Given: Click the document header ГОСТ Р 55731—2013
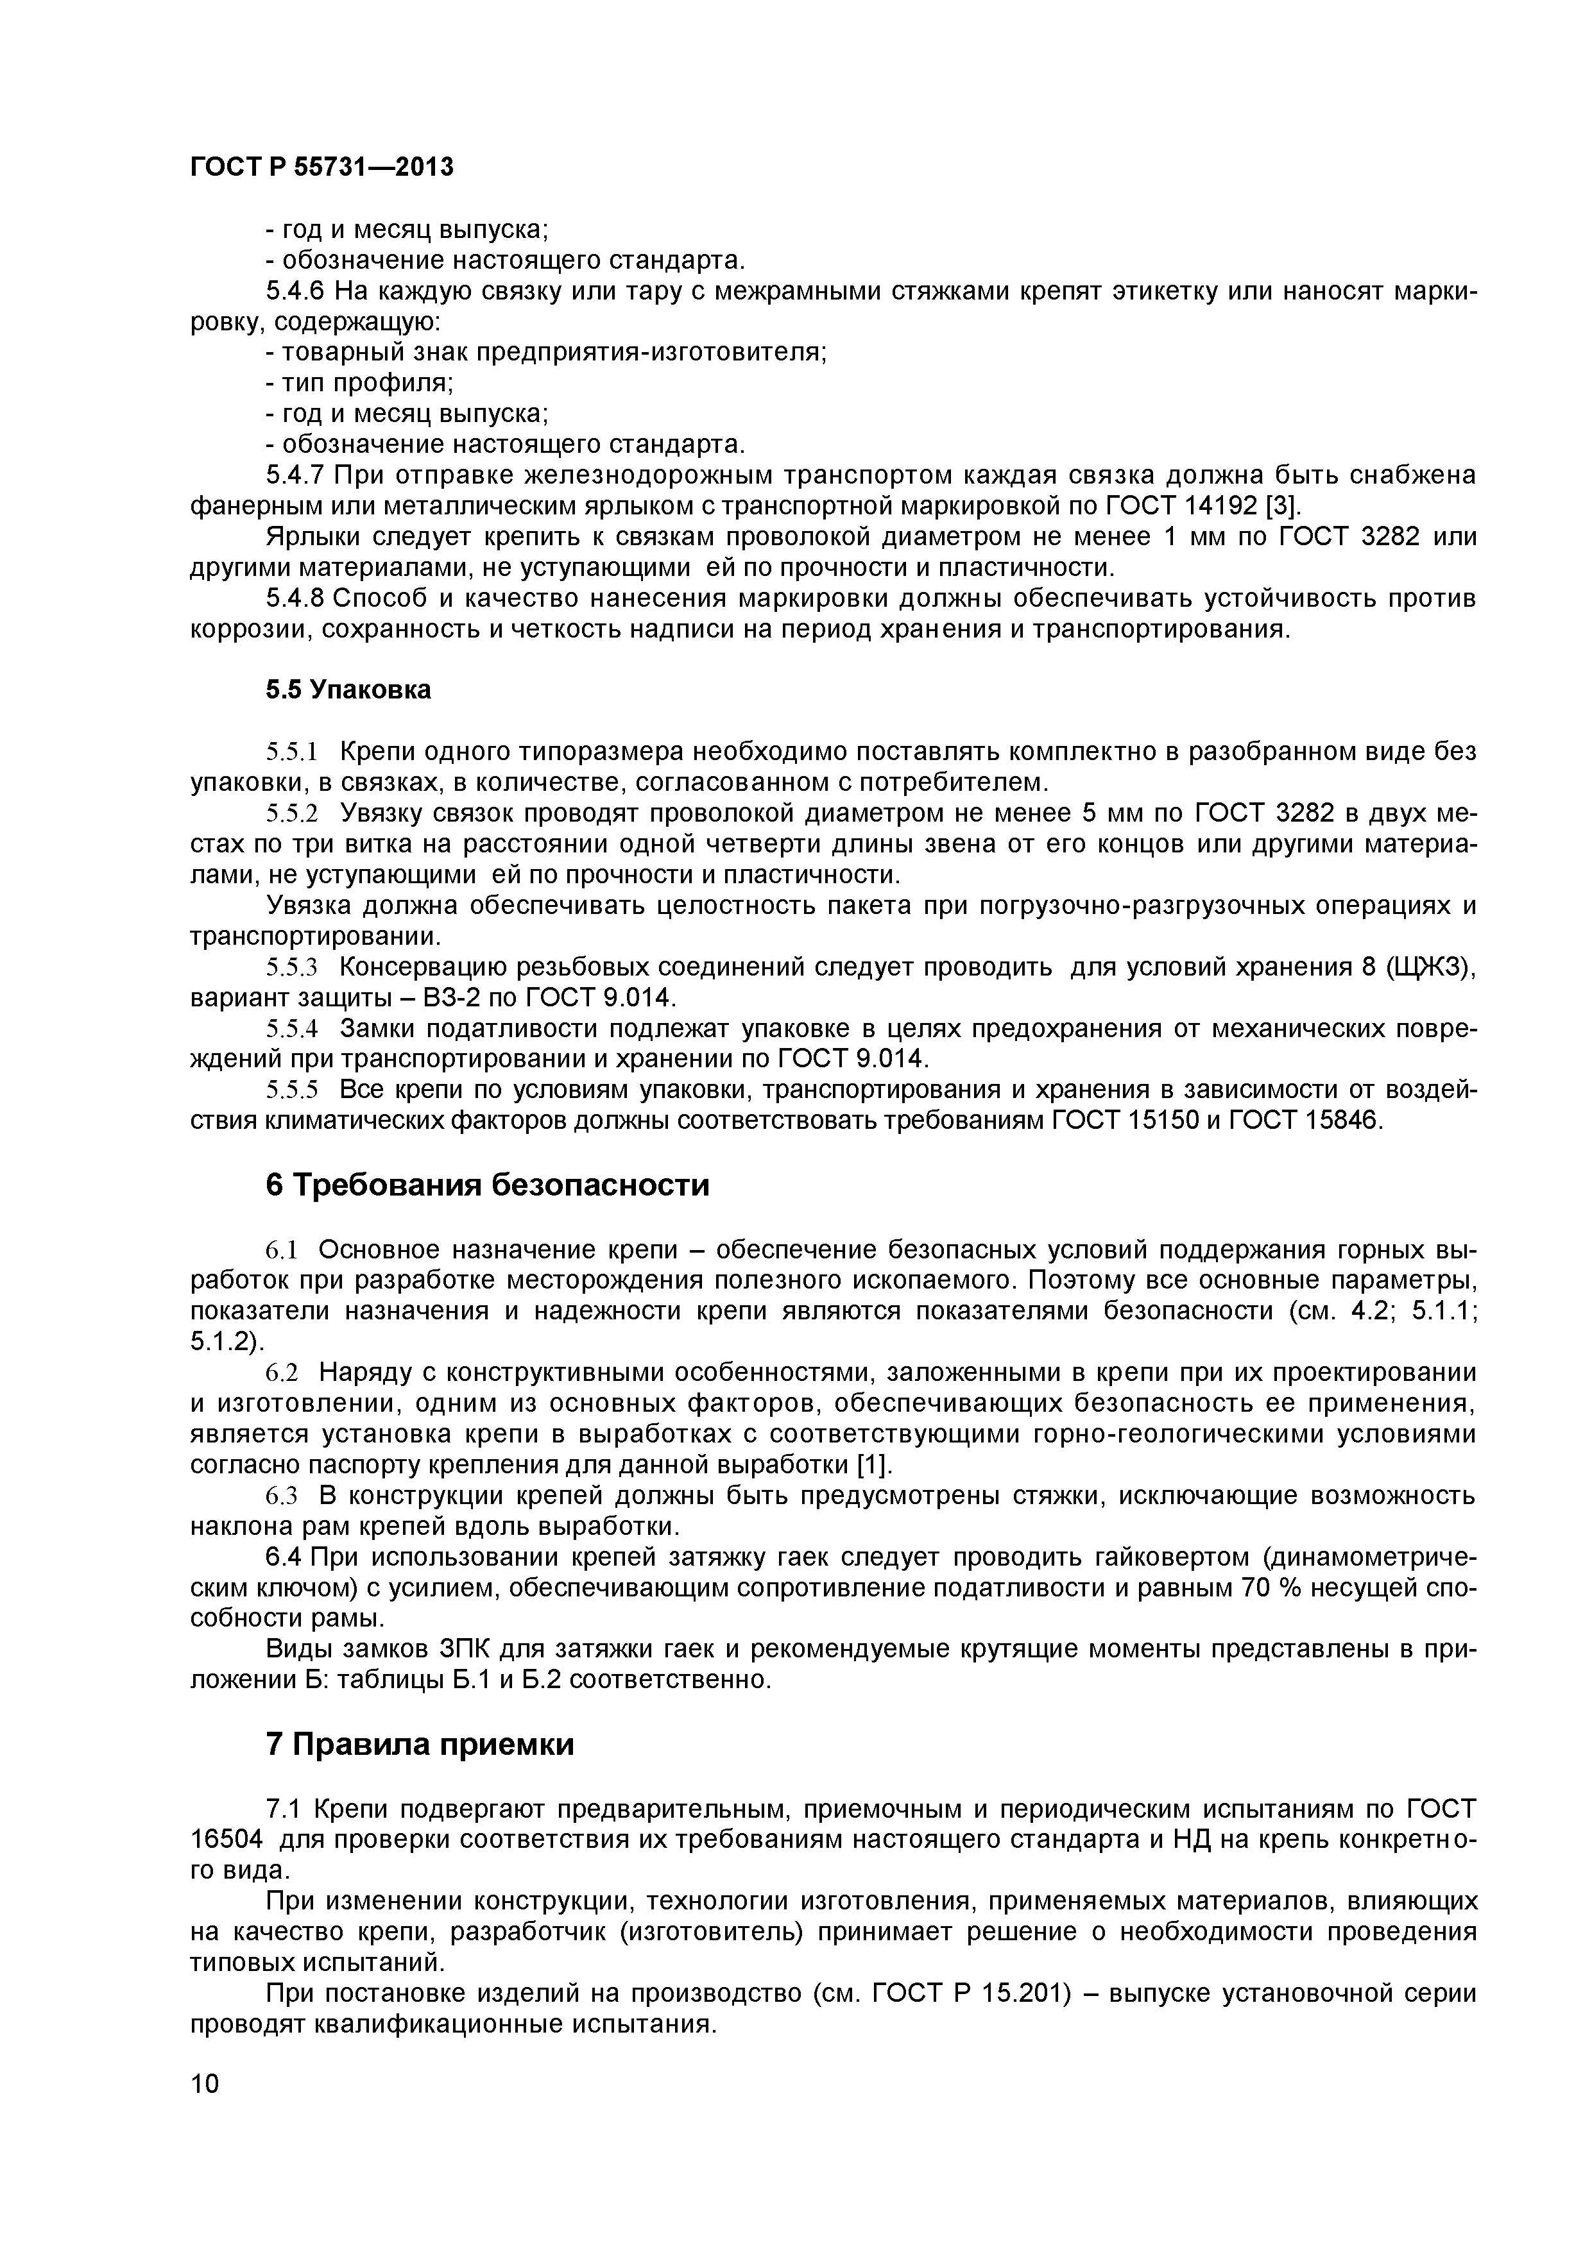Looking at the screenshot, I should (321, 167).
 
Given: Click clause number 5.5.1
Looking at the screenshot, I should (293, 752).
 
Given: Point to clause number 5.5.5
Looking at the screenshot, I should (293, 1090).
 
